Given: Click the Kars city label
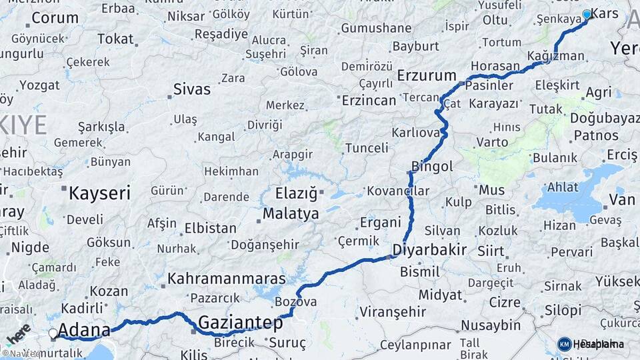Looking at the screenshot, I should pos(605,13).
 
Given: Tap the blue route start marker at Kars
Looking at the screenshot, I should pos(587,14).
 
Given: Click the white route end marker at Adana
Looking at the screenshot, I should pos(53,333).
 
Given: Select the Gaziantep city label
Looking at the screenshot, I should pos(241,323).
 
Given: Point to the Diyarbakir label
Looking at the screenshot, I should pos(429,251).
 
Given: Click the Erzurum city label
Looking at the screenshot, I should pos(427,75).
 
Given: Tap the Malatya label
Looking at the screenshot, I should pos(291,214).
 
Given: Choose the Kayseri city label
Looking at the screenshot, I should pos(100,193).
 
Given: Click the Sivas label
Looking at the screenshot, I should pos(191,89).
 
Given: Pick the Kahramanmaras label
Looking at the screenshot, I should pos(227,279).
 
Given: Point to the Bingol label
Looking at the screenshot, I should pos(432,166).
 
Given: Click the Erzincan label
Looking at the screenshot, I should pos(369,100).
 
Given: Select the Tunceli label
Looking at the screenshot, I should pos(367,148).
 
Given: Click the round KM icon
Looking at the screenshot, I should pos(564,344).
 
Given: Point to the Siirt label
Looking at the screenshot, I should pos(491,251).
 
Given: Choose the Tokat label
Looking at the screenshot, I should pos(115,39).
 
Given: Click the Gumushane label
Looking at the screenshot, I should pos(376,28).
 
